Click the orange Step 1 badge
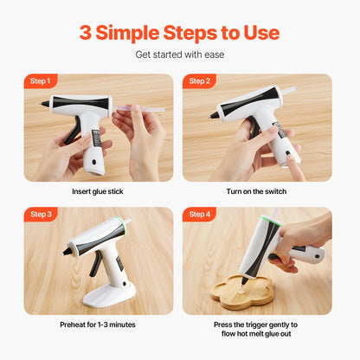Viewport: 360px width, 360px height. pos(41,81)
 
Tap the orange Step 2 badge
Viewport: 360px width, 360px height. pos(199,81)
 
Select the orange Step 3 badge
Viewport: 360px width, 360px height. pos(41,214)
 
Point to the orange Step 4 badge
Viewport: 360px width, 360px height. pos(199,214)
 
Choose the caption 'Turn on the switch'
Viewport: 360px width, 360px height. pos(257,191)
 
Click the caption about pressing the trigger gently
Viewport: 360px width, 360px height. pos(257,330)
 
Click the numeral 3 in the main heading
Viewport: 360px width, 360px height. pos(86,33)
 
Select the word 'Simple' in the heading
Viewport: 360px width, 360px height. pos(129,33)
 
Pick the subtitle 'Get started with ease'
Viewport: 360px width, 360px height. pos(179,55)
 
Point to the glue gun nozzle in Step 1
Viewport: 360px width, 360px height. pos(45,104)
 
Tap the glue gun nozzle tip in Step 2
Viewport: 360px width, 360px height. pos(213,115)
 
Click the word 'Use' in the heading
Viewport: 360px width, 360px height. pos(259,33)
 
